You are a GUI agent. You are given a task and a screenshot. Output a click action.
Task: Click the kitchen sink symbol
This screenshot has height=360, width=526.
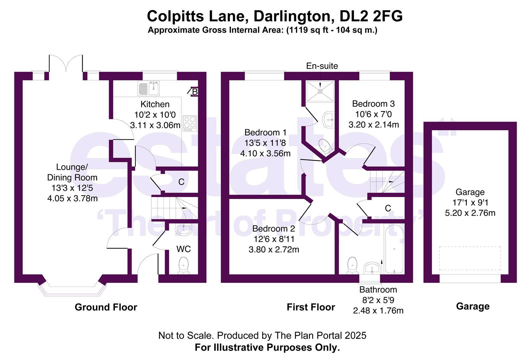149,88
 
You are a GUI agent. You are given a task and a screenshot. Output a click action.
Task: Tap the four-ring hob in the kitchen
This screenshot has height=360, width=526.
189,122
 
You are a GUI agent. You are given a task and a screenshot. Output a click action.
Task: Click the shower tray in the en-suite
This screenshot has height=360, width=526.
320,91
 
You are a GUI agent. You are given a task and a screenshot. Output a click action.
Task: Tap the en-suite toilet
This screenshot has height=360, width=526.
325,146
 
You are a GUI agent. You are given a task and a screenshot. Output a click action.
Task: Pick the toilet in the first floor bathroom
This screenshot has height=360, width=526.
352,265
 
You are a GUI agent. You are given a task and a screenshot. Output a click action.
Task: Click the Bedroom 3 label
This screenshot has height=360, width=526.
373,104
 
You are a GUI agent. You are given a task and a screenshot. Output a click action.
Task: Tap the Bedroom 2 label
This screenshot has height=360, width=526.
274,229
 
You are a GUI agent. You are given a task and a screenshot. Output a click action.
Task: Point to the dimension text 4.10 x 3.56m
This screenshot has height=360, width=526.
265,153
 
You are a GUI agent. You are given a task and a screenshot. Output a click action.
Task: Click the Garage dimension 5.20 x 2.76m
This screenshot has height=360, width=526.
470,213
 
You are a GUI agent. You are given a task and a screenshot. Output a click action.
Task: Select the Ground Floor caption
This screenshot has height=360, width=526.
106,307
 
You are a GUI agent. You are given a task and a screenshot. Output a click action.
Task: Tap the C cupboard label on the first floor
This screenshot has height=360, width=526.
388,208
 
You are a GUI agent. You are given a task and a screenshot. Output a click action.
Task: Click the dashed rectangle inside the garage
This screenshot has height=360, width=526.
470,258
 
